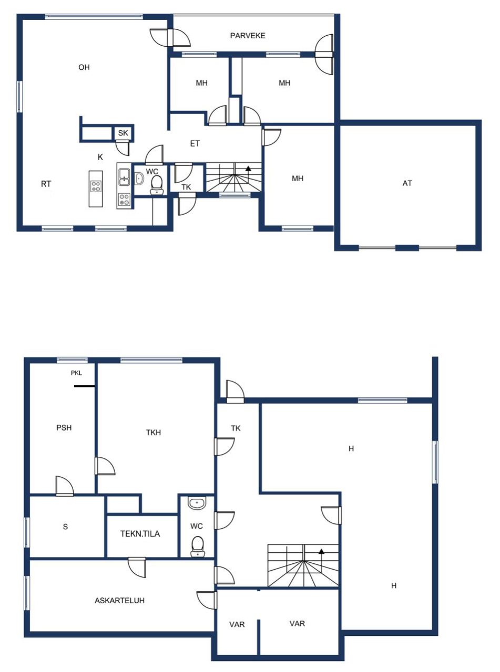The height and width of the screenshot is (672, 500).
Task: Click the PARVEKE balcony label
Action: pos(248,36)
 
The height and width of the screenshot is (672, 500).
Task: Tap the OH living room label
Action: pos(84,67)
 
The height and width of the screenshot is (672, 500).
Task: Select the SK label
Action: pos(123,133)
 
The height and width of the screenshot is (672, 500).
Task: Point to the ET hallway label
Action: pos(195,143)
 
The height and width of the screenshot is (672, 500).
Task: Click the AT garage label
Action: pos(407,183)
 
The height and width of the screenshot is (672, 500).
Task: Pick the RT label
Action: pos(46,184)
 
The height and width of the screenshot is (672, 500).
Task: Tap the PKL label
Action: pos(77,373)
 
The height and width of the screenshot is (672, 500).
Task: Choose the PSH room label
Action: pos(64,427)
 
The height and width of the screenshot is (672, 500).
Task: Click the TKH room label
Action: pos(154,433)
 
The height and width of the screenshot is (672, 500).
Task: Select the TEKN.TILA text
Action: pos(140,534)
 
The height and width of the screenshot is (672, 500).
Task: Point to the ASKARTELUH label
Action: pos(120,601)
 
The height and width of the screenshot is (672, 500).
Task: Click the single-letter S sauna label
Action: pos(66,527)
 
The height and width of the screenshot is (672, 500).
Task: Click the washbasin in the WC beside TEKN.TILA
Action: pos(197,503)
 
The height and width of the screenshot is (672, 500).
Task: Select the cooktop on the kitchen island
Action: pos(96,186)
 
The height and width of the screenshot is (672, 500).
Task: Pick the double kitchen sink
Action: pos(125,176)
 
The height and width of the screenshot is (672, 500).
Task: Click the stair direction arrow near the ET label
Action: pos(248,169)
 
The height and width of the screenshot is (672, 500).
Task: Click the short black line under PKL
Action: pos(84,386)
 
